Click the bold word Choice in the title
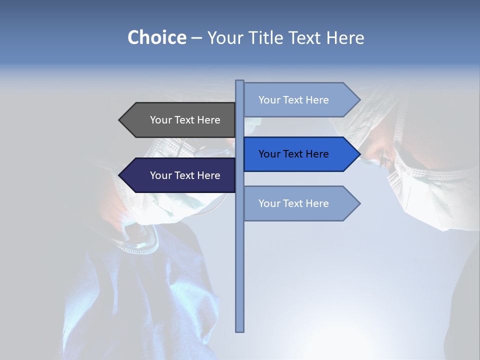[x=156, y=37]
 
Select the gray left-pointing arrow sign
[x=177, y=120]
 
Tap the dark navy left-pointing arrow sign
[x=177, y=175]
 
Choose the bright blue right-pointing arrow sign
[x=300, y=154]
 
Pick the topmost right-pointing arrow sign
[x=300, y=100]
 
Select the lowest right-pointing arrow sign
[x=300, y=203]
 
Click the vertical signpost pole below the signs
[x=240, y=275]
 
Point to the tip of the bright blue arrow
[x=359, y=154]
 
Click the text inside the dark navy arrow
[x=185, y=175]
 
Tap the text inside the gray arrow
[x=185, y=120]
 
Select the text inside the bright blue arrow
[x=293, y=154]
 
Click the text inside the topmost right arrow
[x=293, y=100]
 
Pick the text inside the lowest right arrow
[x=293, y=203]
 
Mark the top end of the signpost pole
[x=240, y=81]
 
